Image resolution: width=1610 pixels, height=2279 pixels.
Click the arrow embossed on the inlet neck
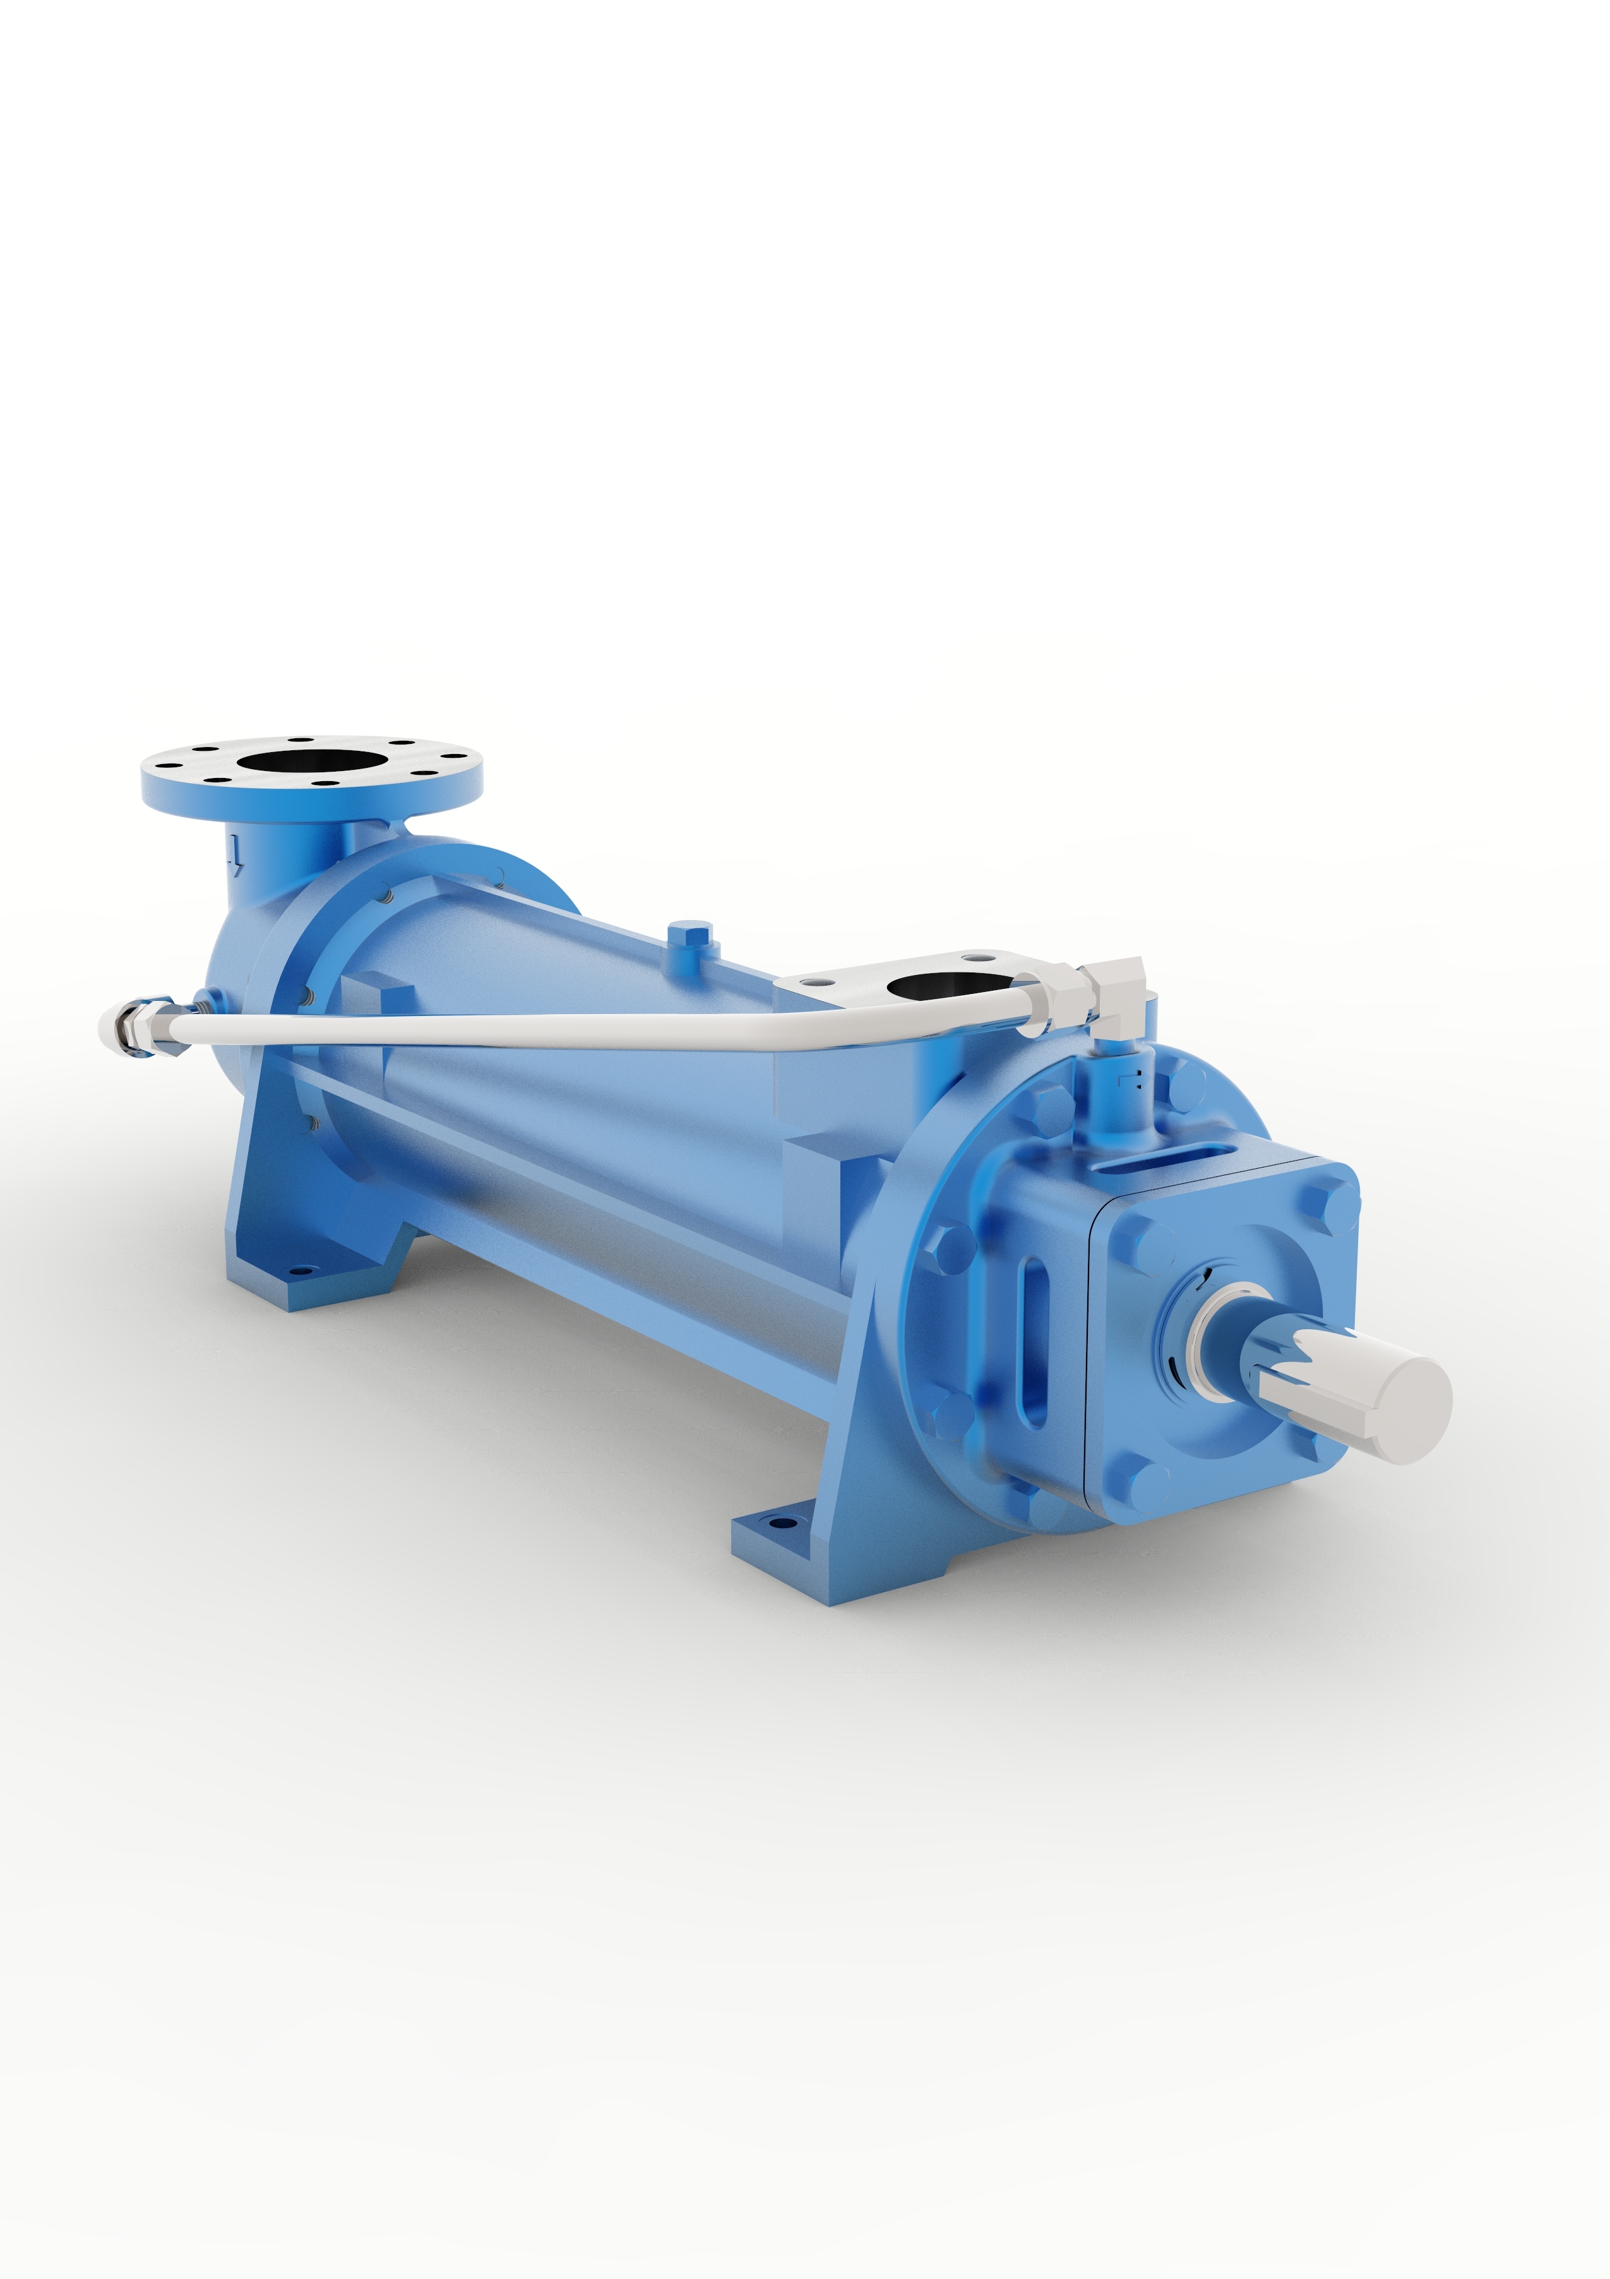[234, 852]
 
